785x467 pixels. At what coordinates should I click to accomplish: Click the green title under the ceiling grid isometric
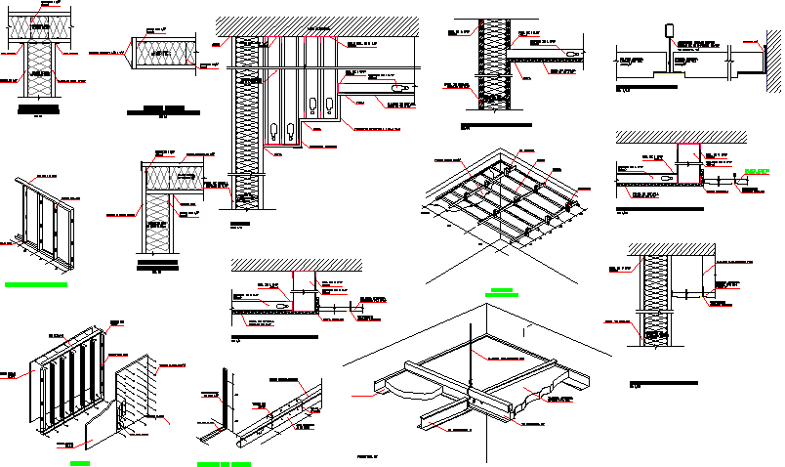tap(502, 291)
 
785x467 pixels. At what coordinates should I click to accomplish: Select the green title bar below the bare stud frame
tap(36, 285)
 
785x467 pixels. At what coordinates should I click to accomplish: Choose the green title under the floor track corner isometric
tap(223, 461)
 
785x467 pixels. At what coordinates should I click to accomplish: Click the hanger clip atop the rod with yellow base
tap(671, 29)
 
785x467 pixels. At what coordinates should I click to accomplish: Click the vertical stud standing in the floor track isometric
tap(227, 401)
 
